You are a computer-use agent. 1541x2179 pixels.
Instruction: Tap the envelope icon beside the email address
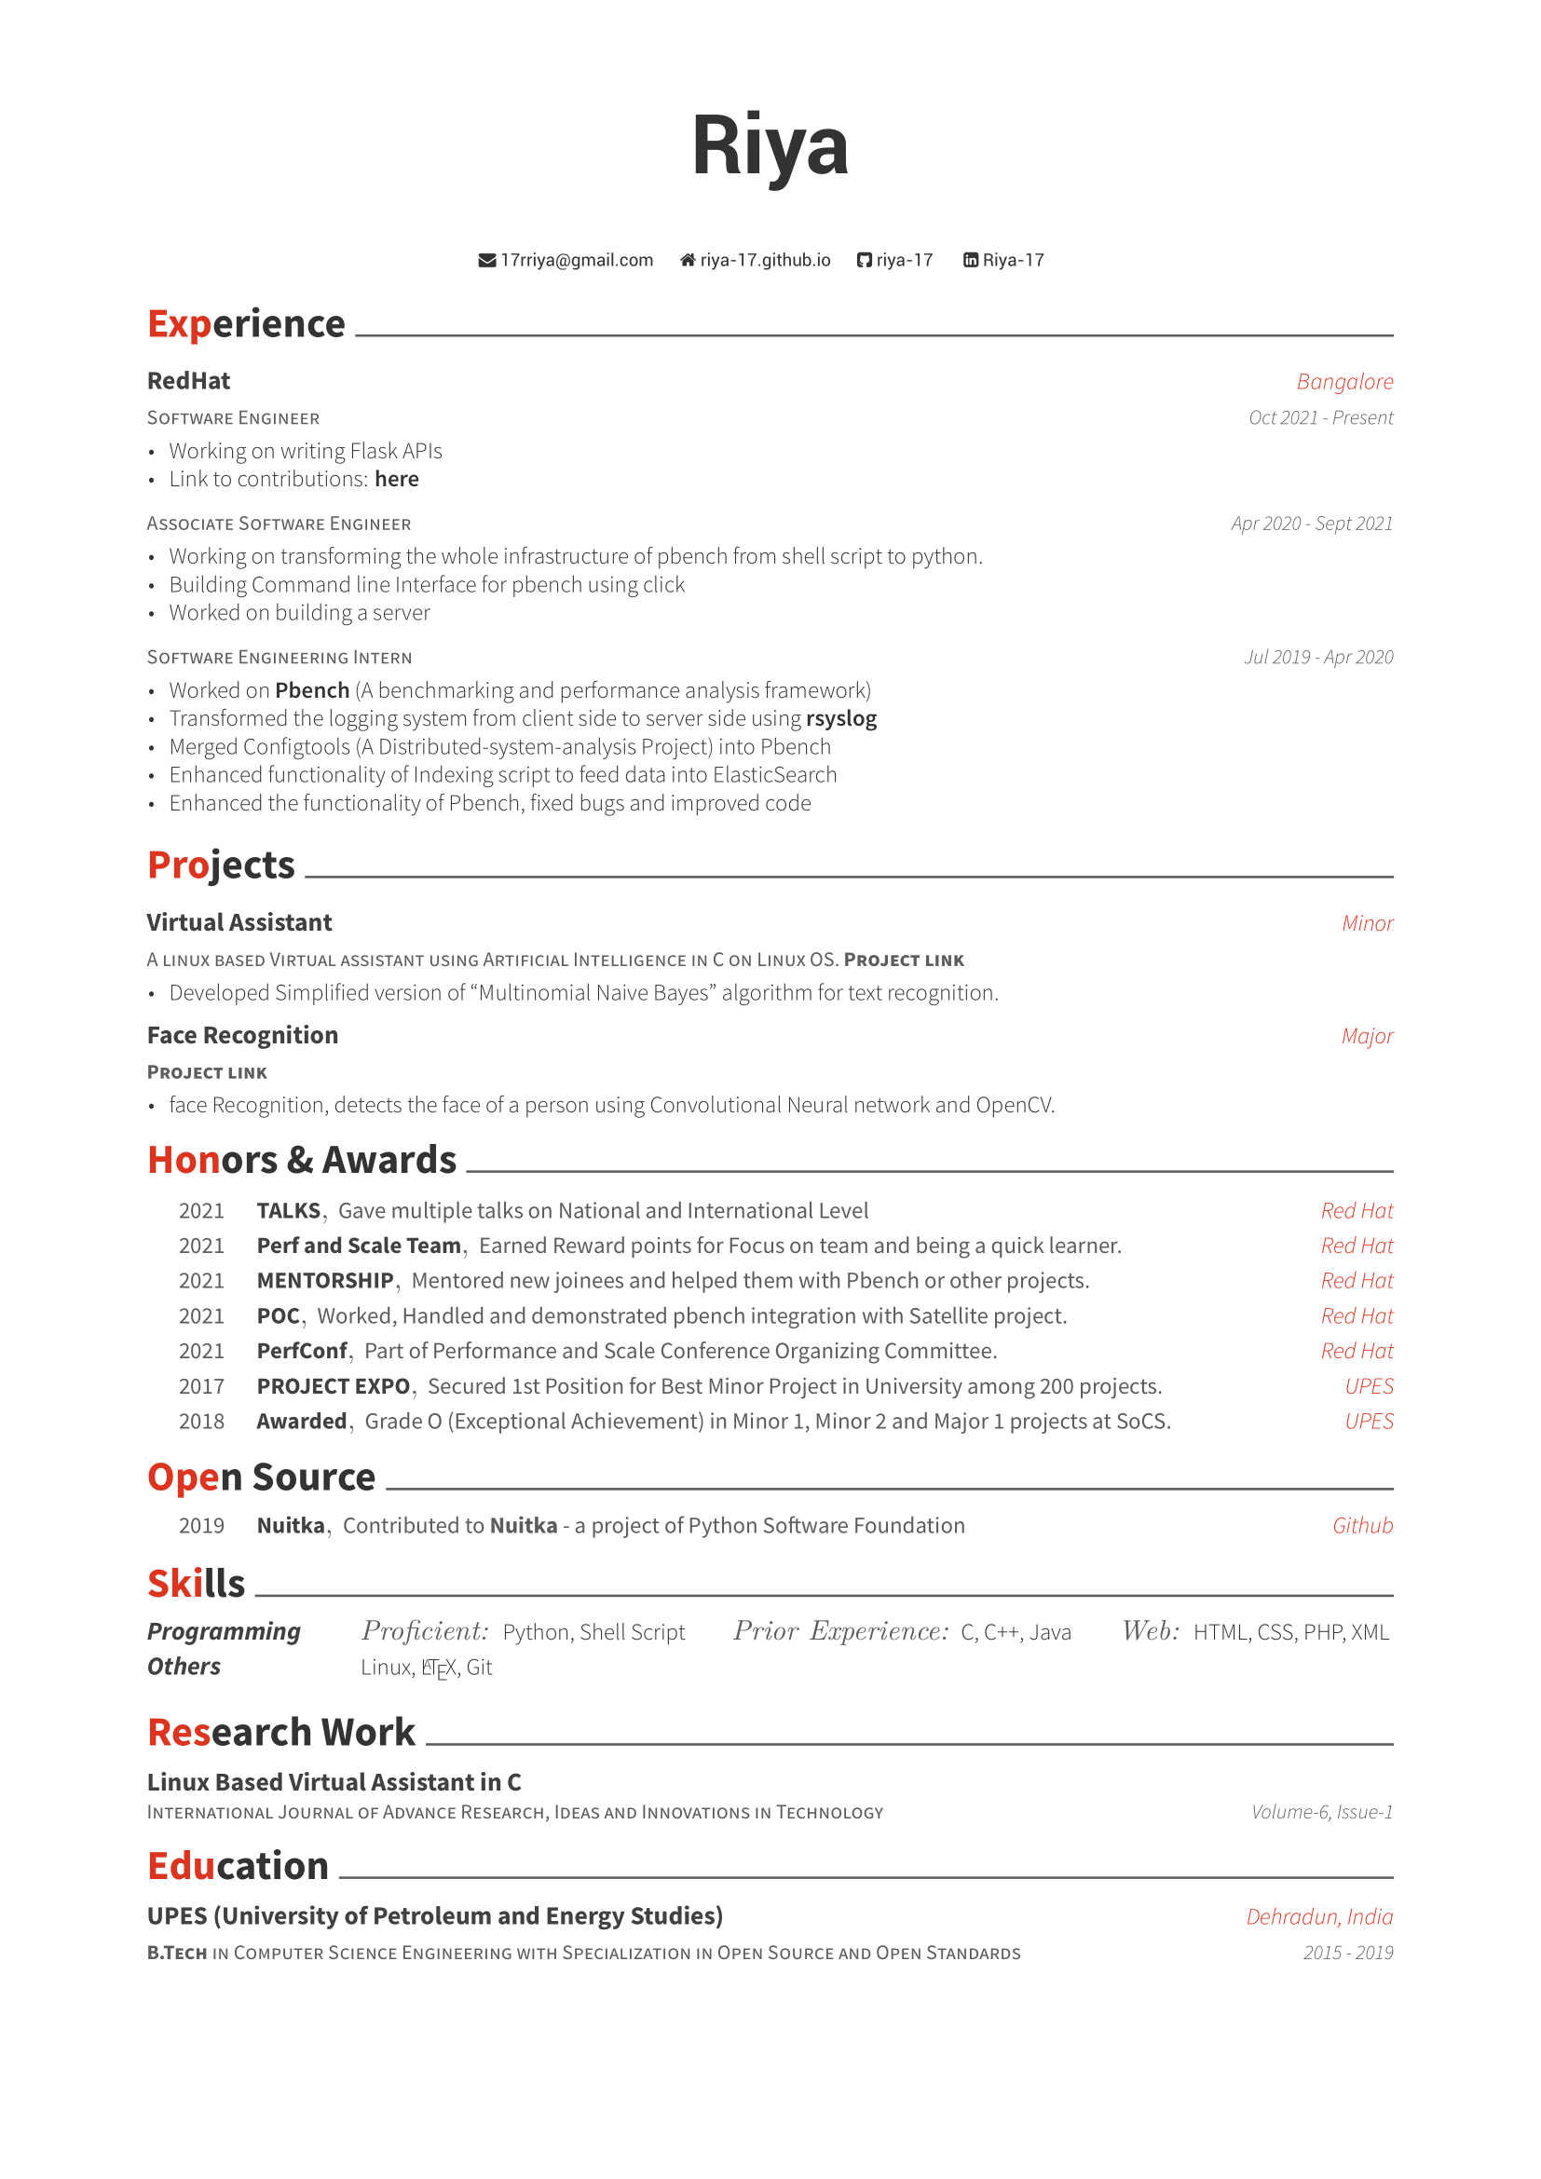tap(486, 260)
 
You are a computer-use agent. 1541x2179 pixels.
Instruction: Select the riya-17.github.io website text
tap(765, 260)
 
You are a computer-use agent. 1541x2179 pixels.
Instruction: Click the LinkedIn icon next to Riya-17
tap(970, 260)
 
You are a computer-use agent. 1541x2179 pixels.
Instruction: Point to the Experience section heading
tap(246, 324)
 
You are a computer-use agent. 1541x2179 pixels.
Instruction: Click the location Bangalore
tap(1343, 382)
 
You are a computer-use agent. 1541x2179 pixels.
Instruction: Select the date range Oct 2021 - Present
tap(1320, 417)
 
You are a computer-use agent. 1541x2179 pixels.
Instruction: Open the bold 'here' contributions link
tap(397, 479)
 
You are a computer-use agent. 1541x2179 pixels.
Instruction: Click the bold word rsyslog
tap(840, 718)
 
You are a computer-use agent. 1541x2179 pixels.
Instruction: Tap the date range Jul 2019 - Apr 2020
tap(1318, 657)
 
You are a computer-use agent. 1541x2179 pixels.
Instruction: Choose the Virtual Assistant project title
tap(239, 922)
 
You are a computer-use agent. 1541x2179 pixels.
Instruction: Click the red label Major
tap(1367, 1035)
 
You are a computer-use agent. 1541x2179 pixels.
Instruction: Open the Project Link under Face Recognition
tap(207, 1072)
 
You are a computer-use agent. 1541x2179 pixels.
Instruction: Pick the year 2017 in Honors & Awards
tap(201, 1386)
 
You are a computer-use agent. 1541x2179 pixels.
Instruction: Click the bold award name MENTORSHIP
tap(324, 1281)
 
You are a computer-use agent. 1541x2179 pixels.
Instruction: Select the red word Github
tap(1362, 1526)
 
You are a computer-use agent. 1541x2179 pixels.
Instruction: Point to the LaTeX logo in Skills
tap(439, 1668)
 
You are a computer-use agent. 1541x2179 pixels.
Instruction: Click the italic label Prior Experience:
tap(840, 1631)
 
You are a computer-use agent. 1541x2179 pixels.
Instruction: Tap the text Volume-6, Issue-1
tap(1321, 1812)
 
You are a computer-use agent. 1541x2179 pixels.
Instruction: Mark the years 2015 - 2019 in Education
tap(1347, 1953)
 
